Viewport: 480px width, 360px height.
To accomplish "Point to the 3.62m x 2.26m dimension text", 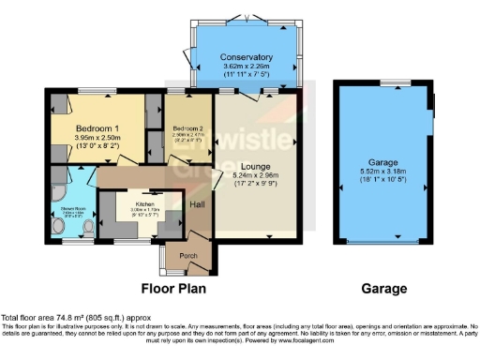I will click(247, 67).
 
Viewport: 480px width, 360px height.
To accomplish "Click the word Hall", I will click(199, 204).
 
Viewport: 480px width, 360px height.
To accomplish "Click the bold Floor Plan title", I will click(174, 288).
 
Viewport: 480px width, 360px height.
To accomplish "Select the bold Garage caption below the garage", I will click(385, 288).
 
